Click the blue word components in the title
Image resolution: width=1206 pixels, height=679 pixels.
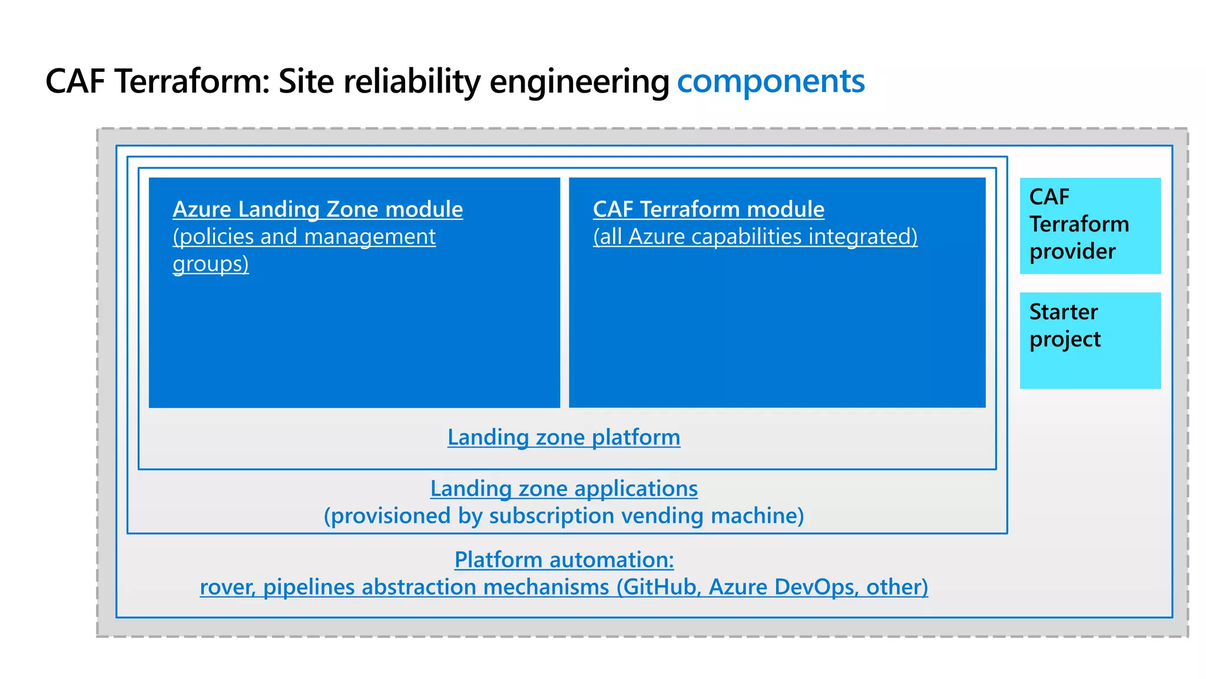click(770, 81)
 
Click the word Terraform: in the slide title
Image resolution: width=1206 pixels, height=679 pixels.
click(192, 81)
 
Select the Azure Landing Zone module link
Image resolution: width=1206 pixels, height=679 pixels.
click(317, 209)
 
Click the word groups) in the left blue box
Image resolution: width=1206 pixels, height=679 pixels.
click(210, 263)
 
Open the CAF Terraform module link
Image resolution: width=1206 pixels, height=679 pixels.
click(708, 209)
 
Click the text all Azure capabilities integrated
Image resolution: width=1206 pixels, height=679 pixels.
click(755, 236)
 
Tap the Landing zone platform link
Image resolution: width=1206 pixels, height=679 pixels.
click(564, 437)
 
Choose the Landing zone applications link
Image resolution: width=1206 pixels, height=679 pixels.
click(564, 489)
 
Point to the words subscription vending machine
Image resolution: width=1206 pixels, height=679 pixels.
click(642, 516)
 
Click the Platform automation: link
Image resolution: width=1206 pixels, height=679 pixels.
click(564, 559)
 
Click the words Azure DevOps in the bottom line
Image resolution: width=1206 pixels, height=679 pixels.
click(781, 587)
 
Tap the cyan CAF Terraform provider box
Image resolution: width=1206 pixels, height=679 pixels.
click(1090, 226)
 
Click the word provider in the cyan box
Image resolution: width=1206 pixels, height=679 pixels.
click(1072, 252)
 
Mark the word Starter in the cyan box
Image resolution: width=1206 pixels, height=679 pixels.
click(1063, 312)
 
